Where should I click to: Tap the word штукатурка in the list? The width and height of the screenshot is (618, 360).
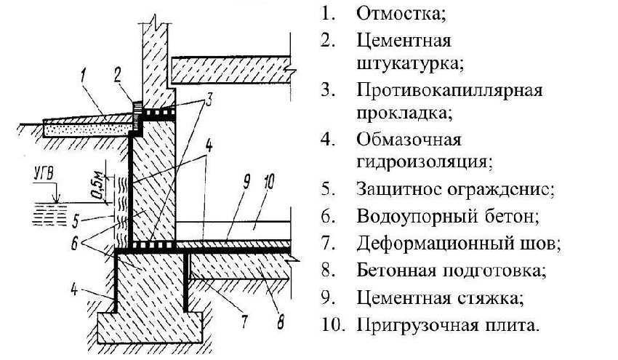(409, 63)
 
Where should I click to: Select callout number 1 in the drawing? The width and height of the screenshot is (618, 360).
(84, 72)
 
